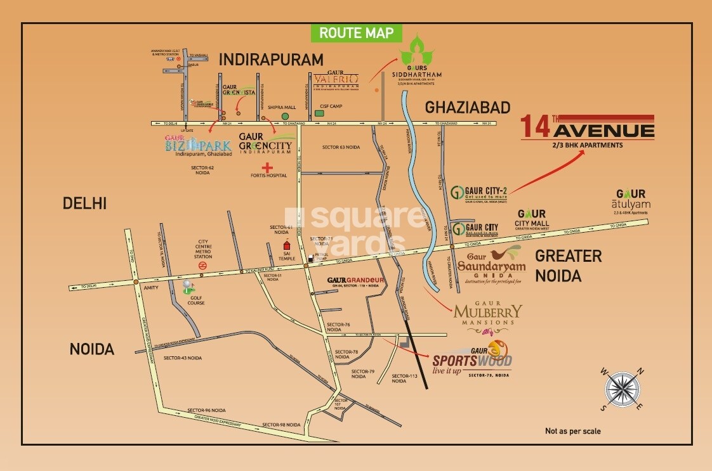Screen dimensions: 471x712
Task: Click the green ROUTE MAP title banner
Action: pos(357,33)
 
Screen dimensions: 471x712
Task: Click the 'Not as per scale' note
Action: pos(572,431)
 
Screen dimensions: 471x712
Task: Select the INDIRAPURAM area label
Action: pos(272,60)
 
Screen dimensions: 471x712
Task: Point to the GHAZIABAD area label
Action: pos(468,107)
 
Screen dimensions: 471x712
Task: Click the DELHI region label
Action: pos(84,203)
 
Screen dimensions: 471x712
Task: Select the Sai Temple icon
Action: pos(287,245)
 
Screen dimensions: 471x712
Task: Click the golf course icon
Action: pos(187,287)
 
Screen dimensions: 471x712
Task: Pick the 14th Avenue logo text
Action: pos(587,129)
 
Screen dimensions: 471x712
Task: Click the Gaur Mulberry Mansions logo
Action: pos(488,314)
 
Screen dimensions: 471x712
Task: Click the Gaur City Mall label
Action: pos(532,219)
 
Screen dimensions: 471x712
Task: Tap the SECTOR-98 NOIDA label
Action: pos(281,424)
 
